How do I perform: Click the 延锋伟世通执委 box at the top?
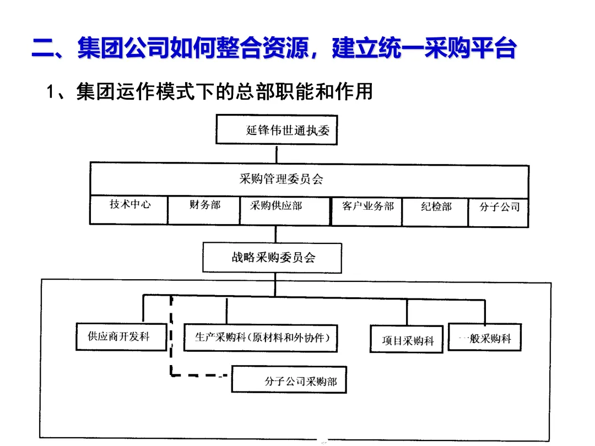coord(276,130)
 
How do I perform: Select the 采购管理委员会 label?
coord(281,179)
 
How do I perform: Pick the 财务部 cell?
coord(204,206)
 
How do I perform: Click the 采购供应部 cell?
coord(276,206)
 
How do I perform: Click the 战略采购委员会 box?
coord(273,258)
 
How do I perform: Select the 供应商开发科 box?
coord(120,336)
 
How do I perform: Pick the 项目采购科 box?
coord(407,340)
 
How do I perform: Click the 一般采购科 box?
coord(485,338)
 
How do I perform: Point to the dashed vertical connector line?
coord(171,336)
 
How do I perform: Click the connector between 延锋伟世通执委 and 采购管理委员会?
coord(276,154)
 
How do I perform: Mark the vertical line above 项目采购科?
coord(407,312)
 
